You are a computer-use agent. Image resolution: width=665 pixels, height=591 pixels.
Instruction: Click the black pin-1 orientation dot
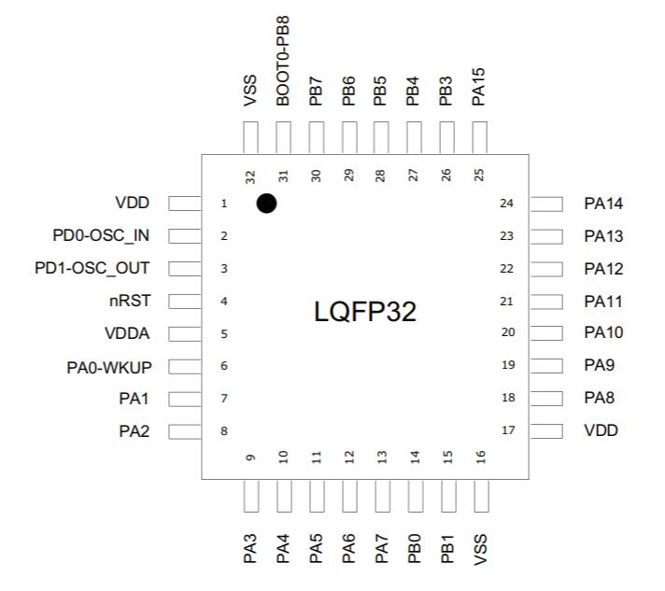[x=266, y=203]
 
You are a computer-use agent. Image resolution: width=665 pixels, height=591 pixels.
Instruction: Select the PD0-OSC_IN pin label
[x=102, y=235]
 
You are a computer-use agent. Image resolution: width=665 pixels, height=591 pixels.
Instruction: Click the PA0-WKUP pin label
[x=109, y=366]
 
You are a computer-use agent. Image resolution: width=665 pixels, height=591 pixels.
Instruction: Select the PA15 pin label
[x=479, y=83]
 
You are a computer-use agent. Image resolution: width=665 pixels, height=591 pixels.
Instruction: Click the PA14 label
[x=603, y=204]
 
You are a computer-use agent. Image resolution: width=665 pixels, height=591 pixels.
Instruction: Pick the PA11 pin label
[x=603, y=302]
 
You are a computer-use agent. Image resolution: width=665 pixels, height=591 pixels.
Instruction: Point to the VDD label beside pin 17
[x=601, y=431]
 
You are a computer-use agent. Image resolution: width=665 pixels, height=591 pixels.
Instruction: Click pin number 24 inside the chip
[x=507, y=204]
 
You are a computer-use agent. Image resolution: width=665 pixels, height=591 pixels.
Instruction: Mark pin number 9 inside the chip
[x=250, y=457]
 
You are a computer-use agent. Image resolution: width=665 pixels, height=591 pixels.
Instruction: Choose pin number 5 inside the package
[x=224, y=333]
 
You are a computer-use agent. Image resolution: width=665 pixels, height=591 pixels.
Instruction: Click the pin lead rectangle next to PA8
[x=548, y=399]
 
